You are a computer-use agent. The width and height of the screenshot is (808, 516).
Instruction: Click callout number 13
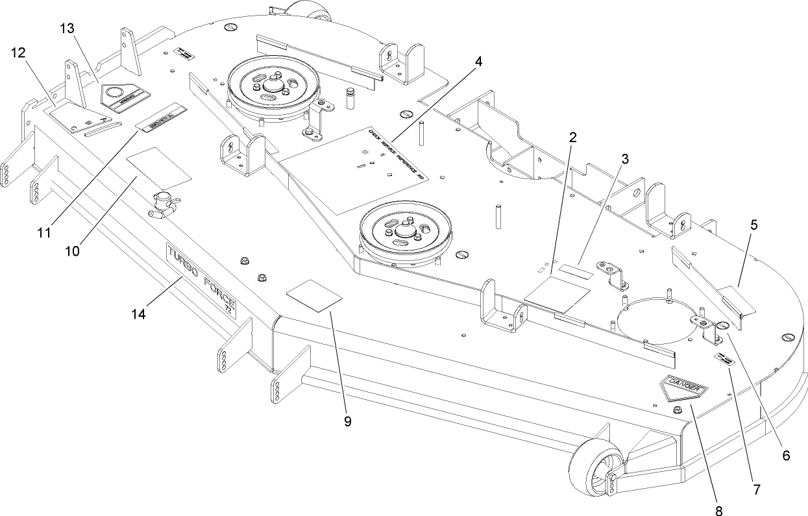(67, 29)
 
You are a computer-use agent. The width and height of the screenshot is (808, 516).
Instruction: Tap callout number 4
(478, 62)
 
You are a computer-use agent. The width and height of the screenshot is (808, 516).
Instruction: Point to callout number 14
(138, 313)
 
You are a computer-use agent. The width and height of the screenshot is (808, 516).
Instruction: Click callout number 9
(347, 421)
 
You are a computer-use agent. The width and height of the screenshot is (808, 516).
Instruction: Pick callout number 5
(753, 225)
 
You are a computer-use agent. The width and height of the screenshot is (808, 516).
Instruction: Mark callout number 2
(571, 137)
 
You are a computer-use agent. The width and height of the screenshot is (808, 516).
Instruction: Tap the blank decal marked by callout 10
(159, 166)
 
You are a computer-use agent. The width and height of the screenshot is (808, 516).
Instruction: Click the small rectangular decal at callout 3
(576, 270)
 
